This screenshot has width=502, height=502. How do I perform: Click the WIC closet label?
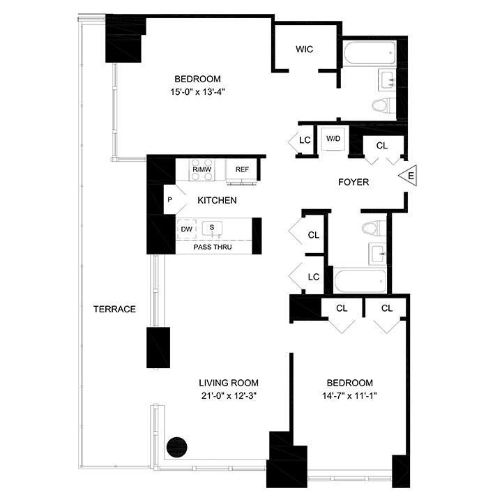point(304,50)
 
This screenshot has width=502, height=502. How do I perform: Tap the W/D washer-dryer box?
point(333,139)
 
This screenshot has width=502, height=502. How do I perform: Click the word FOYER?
point(353,182)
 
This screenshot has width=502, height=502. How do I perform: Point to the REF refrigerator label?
point(242,169)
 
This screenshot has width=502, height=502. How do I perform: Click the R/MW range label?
point(201,169)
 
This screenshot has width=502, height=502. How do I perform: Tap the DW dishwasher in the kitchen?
point(186,229)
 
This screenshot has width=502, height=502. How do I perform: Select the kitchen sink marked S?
point(211,228)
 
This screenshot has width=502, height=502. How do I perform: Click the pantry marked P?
point(169,200)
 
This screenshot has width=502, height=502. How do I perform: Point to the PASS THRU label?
point(213,248)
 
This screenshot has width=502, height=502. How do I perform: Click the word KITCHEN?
point(217,201)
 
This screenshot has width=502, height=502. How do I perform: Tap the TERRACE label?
point(114,309)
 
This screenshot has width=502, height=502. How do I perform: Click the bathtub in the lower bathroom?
point(361,281)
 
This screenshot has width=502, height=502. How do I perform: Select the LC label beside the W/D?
point(304,140)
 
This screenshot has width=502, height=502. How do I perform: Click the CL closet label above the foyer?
point(381,146)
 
